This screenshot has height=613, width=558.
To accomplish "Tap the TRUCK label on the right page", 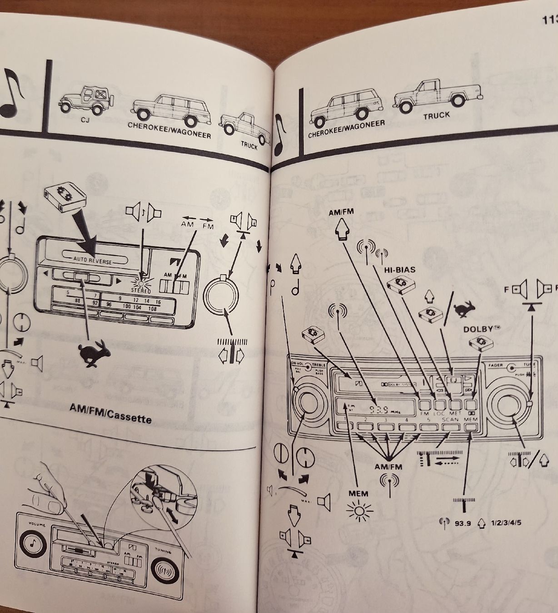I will [x=436, y=116].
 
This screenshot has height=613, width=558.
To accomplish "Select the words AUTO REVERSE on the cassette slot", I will [x=92, y=259].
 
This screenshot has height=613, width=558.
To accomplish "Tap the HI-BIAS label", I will [x=399, y=269].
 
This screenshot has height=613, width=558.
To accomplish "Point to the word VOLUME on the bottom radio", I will [x=35, y=524].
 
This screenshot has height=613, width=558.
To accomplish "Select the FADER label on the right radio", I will [x=496, y=365].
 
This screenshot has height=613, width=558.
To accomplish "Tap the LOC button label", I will [x=440, y=413].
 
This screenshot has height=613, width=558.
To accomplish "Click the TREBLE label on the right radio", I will [x=319, y=365].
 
